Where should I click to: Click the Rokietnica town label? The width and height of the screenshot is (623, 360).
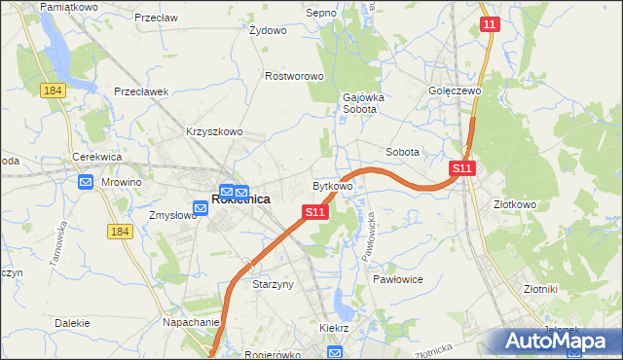[240, 199]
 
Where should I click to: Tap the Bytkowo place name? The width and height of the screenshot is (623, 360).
[332, 185]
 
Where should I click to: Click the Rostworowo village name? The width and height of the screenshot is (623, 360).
[294, 76]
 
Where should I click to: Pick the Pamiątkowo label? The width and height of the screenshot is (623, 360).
[67, 7]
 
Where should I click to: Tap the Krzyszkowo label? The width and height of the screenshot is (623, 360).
[214, 131]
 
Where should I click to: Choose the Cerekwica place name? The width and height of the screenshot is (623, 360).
[95, 157]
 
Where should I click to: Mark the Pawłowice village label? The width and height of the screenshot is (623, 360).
[396, 278]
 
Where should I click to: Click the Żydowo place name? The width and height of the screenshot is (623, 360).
[268, 30]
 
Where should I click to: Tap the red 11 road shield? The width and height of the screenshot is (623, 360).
[490, 23]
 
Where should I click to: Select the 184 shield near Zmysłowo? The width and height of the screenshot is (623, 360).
[119, 231]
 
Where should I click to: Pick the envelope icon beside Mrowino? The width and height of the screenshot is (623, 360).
[86, 181]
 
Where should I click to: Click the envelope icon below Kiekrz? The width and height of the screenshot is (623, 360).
[335, 352]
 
